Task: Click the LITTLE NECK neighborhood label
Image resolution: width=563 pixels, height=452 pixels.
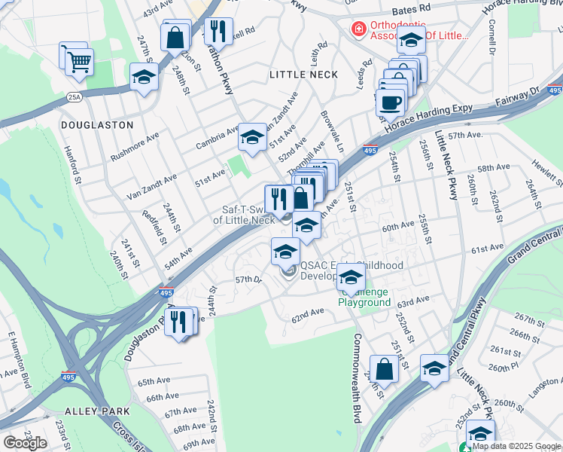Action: [x=303, y=75]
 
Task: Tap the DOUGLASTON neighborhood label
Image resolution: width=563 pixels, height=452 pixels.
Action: [x=97, y=125]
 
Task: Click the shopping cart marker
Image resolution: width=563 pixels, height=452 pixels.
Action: [x=79, y=61]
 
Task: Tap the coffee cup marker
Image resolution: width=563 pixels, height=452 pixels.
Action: [x=391, y=102]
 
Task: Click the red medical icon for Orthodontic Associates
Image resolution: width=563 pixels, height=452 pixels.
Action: [x=359, y=29]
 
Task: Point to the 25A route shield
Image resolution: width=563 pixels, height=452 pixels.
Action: [x=74, y=96]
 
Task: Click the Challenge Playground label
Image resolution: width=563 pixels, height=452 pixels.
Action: [x=364, y=297]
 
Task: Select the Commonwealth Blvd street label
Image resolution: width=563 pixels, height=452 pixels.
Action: [x=357, y=377]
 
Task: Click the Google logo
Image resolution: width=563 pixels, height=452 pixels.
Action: [x=25, y=443]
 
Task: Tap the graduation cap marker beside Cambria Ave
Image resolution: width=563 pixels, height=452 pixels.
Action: [x=252, y=136]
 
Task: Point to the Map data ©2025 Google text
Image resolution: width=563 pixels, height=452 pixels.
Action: [x=516, y=446]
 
